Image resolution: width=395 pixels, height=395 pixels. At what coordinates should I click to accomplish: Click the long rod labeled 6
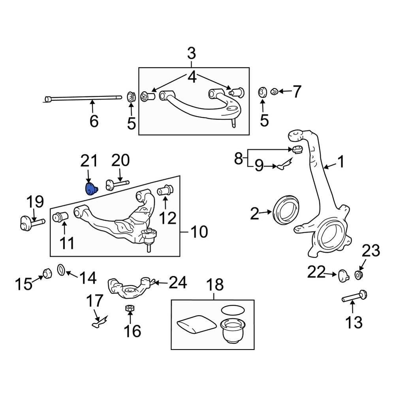pyautogui.click(x=83, y=99)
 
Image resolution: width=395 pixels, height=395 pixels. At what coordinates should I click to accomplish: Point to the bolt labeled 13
pyautogui.click(x=355, y=297)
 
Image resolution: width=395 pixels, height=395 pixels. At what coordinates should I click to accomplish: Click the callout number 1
pyautogui.click(x=340, y=162)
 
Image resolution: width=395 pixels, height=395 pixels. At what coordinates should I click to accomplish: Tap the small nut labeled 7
pyautogui.click(x=274, y=92)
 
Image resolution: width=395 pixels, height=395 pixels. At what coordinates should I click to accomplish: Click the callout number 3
pyautogui.click(x=191, y=53)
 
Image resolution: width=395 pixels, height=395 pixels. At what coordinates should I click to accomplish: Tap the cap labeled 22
pyautogui.click(x=343, y=275)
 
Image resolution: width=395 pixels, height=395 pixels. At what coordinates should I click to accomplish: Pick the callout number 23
pyautogui.click(x=371, y=251)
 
